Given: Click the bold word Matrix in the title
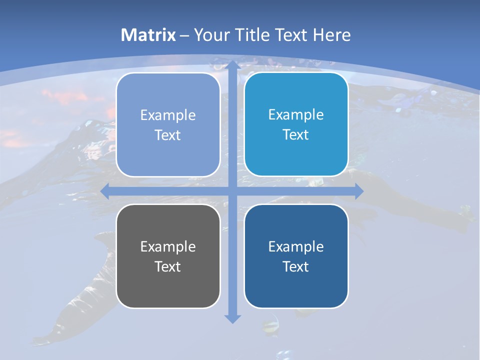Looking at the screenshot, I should click(148, 35).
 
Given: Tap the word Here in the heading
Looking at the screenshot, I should click(331, 35).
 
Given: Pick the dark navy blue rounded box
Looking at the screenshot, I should click(296, 285).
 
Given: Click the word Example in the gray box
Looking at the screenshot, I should click(168, 246).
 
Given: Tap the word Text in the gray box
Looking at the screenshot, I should click(168, 266).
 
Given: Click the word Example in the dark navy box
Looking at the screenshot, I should click(296, 246).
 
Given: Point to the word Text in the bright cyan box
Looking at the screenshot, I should click(296, 134).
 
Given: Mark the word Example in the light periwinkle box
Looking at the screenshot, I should click(168, 115).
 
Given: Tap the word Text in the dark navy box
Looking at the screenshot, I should click(296, 266).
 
